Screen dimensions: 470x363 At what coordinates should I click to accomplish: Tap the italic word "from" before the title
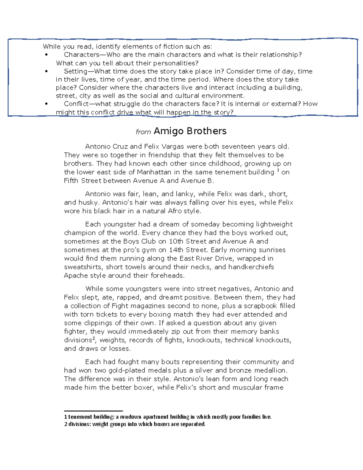click(x=143, y=132)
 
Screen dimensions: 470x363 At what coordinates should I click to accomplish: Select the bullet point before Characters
click(x=46, y=55)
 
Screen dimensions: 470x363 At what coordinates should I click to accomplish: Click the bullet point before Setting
click(x=46, y=71)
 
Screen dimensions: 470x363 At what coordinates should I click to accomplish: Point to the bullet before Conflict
click(x=46, y=104)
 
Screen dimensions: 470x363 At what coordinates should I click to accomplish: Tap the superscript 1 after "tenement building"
click(x=278, y=171)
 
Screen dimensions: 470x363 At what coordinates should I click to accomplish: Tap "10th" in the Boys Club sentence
click(x=176, y=242)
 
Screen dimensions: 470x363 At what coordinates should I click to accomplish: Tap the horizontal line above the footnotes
click(x=93, y=411)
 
